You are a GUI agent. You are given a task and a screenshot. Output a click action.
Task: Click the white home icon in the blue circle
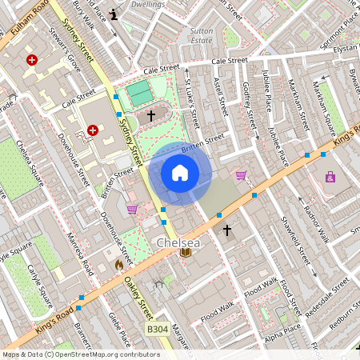(180, 172)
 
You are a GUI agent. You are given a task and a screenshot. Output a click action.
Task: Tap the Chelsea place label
(178, 242)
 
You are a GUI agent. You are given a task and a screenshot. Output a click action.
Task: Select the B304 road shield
(158, 329)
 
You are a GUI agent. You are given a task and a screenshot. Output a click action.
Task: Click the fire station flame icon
(119, 262)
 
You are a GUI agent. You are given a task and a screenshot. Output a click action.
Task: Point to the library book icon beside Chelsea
(186, 253)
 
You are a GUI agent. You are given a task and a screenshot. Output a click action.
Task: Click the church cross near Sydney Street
(151, 116)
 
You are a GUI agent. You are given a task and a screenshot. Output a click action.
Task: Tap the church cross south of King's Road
(226, 230)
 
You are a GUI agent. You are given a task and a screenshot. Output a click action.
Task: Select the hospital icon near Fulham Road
(32, 60)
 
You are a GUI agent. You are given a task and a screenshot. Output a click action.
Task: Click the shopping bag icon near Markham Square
(330, 177)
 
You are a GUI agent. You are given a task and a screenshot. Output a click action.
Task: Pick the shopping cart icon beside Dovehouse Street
(132, 210)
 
